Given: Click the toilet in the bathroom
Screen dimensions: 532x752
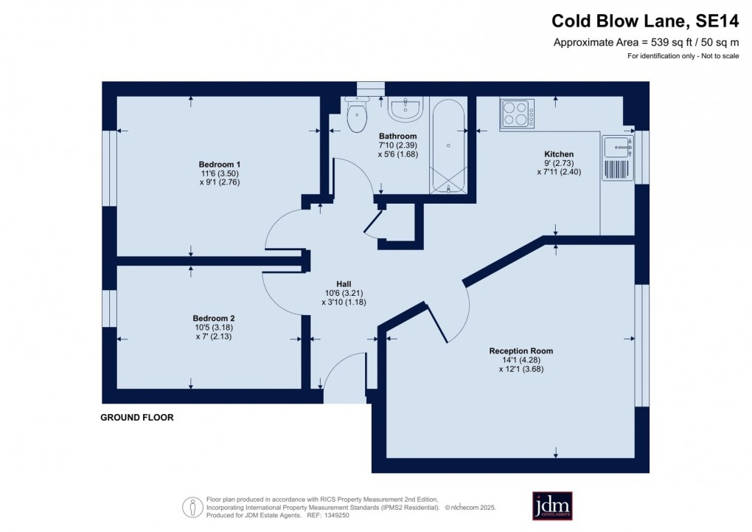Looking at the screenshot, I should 357,115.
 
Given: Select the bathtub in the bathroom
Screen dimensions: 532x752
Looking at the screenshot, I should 448,145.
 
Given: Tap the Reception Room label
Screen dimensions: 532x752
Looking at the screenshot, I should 521,351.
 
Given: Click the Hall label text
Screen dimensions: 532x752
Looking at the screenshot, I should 344,283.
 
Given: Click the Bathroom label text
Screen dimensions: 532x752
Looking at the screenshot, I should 398,137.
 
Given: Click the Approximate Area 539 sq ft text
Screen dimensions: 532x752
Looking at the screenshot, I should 646,43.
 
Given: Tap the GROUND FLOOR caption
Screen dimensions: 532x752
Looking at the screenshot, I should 137,418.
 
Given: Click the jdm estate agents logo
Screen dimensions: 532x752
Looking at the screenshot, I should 552,505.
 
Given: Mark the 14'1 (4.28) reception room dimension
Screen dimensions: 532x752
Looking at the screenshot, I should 521,360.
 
